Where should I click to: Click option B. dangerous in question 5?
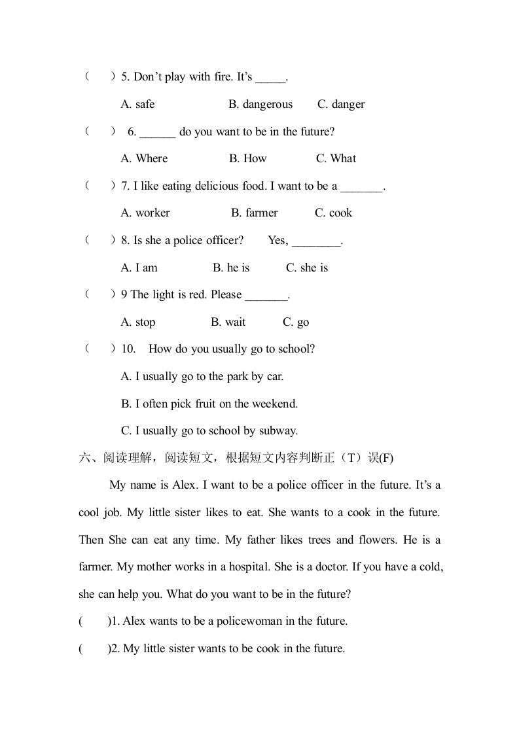click(260, 104)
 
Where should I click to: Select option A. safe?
click(138, 104)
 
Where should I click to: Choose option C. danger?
click(341, 104)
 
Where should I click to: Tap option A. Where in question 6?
click(145, 158)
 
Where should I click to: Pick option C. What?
click(336, 158)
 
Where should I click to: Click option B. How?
click(248, 158)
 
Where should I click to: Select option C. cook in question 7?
click(333, 213)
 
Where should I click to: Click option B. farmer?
click(254, 213)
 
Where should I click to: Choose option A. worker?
click(145, 213)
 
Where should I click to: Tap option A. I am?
click(139, 268)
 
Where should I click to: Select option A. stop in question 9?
click(138, 322)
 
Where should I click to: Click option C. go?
click(296, 322)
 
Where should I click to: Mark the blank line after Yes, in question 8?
click(316, 241)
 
